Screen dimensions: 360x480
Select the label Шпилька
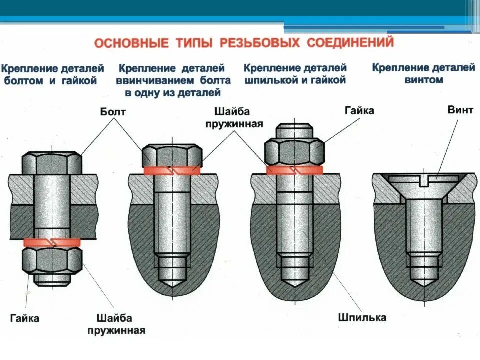pyautogui.click(x=362, y=317)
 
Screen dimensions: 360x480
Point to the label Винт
pyautogui.click(x=460, y=110)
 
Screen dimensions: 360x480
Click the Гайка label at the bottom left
pyautogui.click(x=24, y=318)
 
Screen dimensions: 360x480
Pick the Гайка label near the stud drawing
pyautogui.click(x=359, y=110)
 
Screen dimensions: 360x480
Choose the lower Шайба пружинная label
pyautogui.click(x=116, y=324)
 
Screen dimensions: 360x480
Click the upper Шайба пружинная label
pyautogui.click(x=233, y=117)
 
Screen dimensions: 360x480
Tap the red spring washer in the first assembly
pyautogui.click(x=52, y=242)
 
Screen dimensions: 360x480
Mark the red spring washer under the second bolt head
pyautogui.click(x=172, y=170)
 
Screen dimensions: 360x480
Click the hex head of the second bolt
pyautogui.click(x=172, y=155)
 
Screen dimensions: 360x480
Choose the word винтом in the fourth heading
pyautogui.click(x=424, y=79)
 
